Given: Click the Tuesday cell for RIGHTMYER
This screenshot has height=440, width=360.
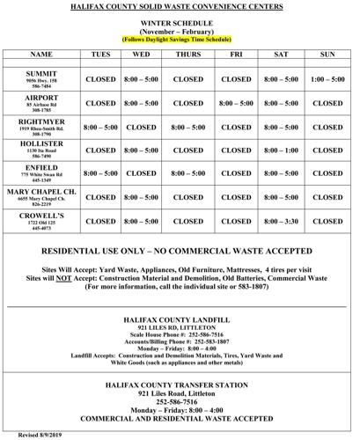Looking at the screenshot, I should pyautogui.click(x=100, y=127).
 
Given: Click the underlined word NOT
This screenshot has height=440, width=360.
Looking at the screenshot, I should pyautogui.click(x=87, y=275).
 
